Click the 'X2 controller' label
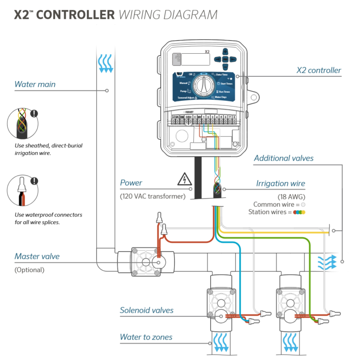coord(318,71)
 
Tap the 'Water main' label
coord(35,84)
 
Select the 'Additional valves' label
coord(284,158)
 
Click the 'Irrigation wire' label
coord(280,183)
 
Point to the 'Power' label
coord(131,183)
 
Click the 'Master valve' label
coord(37,256)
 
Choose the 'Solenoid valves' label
coord(146,310)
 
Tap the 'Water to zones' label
coord(146,337)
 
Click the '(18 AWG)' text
coord(291,196)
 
